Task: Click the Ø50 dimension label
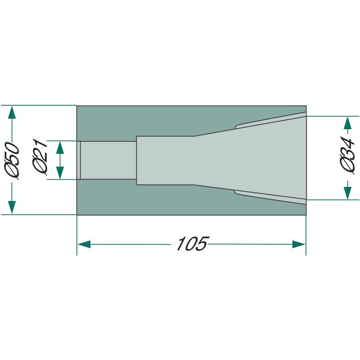click(12, 161)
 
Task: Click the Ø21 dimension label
click(40, 157)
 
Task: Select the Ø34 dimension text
click(347, 155)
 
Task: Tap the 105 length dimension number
click(193, 243)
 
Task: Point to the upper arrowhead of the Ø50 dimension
click(12, 112)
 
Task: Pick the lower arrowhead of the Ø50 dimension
click(12, 207)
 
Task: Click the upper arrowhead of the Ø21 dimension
click(60, 148)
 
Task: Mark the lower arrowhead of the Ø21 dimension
click(60, 173)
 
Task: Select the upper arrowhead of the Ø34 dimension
click(348, 123)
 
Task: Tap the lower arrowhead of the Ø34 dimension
click(348, 193)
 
